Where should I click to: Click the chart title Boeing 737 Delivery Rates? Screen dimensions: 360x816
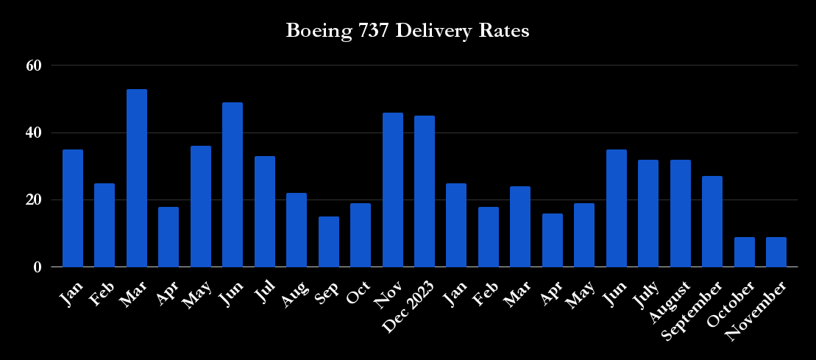(x=408, y=32)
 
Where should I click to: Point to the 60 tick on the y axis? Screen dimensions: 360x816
(x=33, y=66)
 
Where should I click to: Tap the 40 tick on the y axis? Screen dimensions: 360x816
(x=33, y=133)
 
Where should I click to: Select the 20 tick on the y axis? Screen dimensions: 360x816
(x=33, y=200)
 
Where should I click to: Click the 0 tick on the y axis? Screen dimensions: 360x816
(x=37, y=267)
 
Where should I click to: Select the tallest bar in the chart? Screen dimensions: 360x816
(x=137, y=178)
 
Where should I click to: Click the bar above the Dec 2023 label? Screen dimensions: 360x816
(x=425, y=191)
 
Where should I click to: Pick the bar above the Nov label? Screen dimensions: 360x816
(x=392, y=190)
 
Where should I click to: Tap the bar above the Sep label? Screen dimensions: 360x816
(x=329, y=241)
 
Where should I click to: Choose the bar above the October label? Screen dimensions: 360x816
(x=745, y=252)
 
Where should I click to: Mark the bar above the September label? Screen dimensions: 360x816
(x=712, y=222)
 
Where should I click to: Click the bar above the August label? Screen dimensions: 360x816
(x=681, y=213)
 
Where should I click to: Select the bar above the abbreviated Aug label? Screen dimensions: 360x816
(x=297, y=230)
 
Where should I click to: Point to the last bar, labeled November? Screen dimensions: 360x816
(x=776, y=252)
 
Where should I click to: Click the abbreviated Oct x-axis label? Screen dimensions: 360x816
(x=358, y=290)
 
